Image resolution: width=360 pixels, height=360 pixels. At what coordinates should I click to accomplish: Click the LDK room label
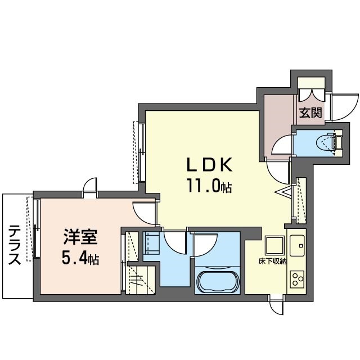[209, 165]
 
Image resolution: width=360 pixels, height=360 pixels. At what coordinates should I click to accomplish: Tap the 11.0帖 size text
[209, 185]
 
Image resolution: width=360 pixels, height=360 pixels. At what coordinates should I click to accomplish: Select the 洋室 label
[80, 237]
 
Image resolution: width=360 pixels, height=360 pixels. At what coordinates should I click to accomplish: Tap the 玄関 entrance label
[310, 112]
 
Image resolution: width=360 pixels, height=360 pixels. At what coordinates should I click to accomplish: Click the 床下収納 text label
[272, 261]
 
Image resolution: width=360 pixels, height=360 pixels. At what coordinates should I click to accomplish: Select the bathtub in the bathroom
[217, 282]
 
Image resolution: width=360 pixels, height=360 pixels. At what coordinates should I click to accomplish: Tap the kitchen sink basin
[297, 245]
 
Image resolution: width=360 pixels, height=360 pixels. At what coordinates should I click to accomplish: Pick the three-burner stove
[297, 279]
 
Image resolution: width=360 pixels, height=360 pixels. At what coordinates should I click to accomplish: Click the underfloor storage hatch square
[274, 245]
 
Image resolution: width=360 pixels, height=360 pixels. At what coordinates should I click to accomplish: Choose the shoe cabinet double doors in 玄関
[312, 95]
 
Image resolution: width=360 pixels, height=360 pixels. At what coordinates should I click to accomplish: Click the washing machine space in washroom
[151, 243]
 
